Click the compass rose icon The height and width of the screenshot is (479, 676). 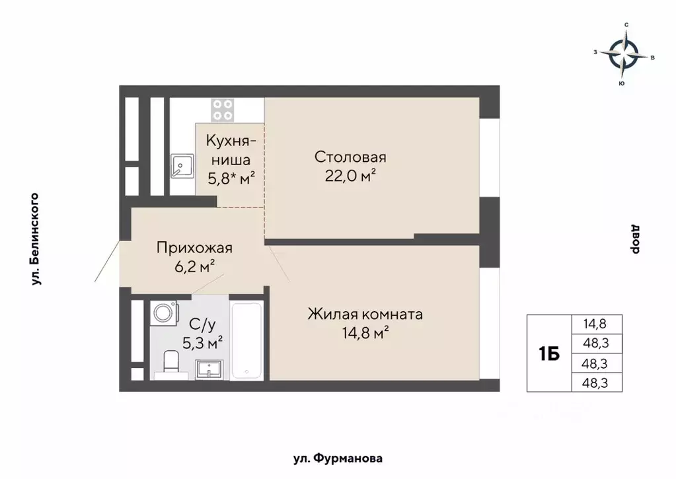[624, 55]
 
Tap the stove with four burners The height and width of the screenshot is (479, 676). [223, 110]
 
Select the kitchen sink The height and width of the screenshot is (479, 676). [181, 166]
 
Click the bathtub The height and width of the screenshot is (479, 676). [247, 340]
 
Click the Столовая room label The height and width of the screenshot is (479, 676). [350, 157]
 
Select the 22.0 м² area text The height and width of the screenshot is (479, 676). [350, 176]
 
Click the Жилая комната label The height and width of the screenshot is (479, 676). [365, 314]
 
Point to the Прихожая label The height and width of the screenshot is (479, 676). [195, 248]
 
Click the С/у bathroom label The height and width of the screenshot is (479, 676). [202, 324]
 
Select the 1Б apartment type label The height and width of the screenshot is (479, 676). [549, 353]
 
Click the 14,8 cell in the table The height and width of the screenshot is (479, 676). [594, 324]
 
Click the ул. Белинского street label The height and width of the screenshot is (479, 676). [36, 239]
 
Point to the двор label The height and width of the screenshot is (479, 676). [636, 239]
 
